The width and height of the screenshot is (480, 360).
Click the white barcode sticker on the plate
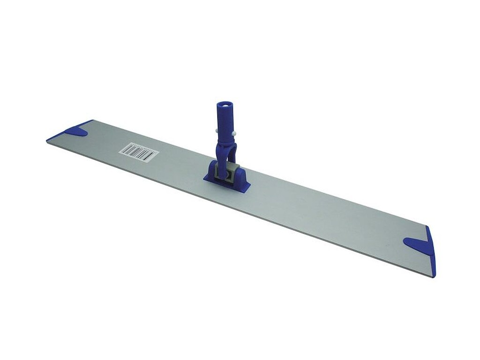(x=137, y=153)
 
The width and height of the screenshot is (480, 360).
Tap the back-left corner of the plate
(x=91, y=120)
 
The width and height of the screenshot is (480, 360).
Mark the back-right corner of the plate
(x=427, y=226)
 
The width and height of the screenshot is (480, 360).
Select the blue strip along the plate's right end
(x=431, y=253)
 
